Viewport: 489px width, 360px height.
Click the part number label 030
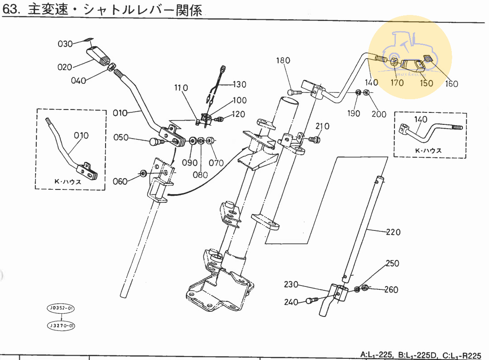[65, 44]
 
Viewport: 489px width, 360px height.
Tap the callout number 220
[393, 233]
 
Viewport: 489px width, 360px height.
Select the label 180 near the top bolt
[283, 60]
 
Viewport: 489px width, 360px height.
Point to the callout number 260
[391, 290]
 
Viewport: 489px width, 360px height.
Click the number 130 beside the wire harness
[239, 84]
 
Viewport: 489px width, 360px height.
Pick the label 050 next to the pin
[121, 137]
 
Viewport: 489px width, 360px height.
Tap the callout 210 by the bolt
[323, 126]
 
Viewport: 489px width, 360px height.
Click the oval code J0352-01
[61, 308]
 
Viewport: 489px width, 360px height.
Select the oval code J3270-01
[61, 326]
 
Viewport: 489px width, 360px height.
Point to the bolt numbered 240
[312, 301]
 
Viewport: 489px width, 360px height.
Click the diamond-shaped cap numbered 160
[429, 59]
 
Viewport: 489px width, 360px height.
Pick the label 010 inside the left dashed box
[81, 136]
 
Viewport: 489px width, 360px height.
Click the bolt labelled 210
[312, 139]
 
